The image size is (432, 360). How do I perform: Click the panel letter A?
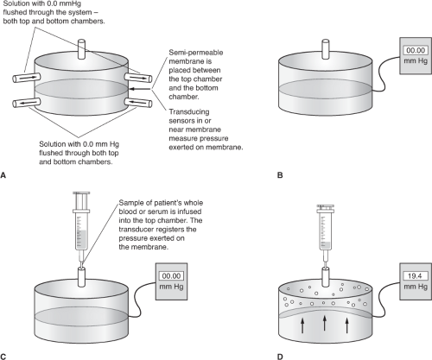coord(3,175)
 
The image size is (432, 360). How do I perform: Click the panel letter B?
coord(280,175)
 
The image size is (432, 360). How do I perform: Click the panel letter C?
coord(3,357)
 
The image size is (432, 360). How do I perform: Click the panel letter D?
coord(280,357)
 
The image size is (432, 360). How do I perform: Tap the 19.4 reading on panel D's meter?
coord(415,276)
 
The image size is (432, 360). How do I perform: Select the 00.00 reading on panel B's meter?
coord(416,50)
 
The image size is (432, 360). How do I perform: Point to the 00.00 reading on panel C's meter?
coord(171,276)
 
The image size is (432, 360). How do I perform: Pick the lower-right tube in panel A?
coord(138,102)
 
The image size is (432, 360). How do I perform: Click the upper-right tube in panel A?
coord(138,78)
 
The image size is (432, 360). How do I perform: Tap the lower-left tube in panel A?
coord(27,102)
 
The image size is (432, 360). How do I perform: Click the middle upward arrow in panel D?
coord(325,324)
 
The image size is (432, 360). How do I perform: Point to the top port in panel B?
coord(326,49)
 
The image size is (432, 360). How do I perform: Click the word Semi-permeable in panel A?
coord(196,53)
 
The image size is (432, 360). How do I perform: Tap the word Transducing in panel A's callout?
coord(189,112)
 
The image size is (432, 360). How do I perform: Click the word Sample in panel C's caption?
coord(129,203)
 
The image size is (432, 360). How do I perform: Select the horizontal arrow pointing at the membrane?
coord(140,89)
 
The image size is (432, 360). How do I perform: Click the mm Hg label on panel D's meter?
coord(416,287)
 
